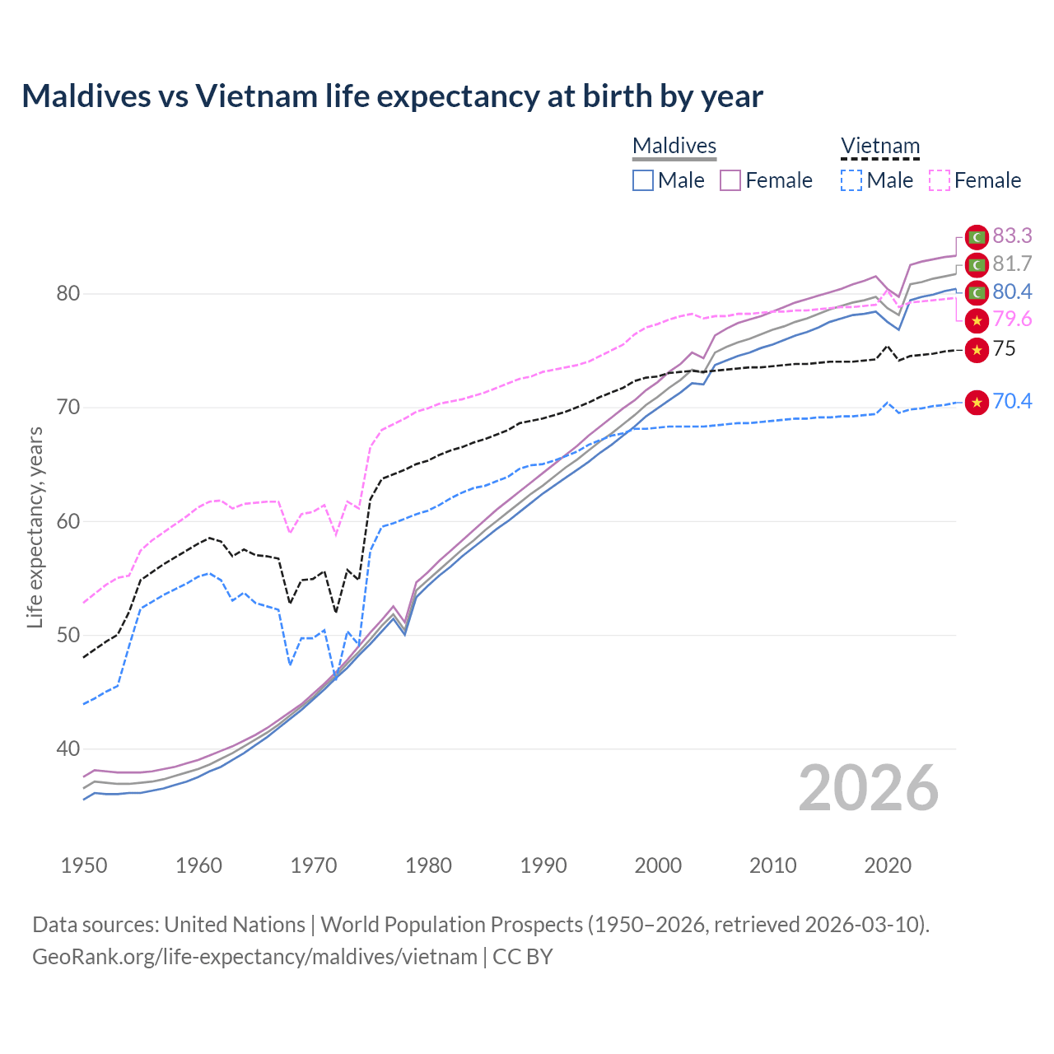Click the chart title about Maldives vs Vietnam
coord(392,96)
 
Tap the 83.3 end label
coord(1012,236)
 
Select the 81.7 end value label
coord(1012,264)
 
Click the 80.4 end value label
coord(1012,292)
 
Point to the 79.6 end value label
coord(1012,319)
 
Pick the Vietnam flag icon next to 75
coord(977,349)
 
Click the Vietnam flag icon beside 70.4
coord(977,402)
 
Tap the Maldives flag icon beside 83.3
coord(977,237)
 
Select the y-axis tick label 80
coord(68,294)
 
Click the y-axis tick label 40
coord(68,749)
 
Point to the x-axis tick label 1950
coord(84,865)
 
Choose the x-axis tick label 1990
coord(543,865)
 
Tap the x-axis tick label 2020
coord(888,865)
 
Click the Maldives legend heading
coord(674,147)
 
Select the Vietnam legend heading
coord(879,147)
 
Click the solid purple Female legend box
coord(731,180)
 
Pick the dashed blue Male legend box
coord(852,180)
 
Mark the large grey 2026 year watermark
coord(868,789)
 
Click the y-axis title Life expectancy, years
coord(35,527)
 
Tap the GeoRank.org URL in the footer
coord(254,957)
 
